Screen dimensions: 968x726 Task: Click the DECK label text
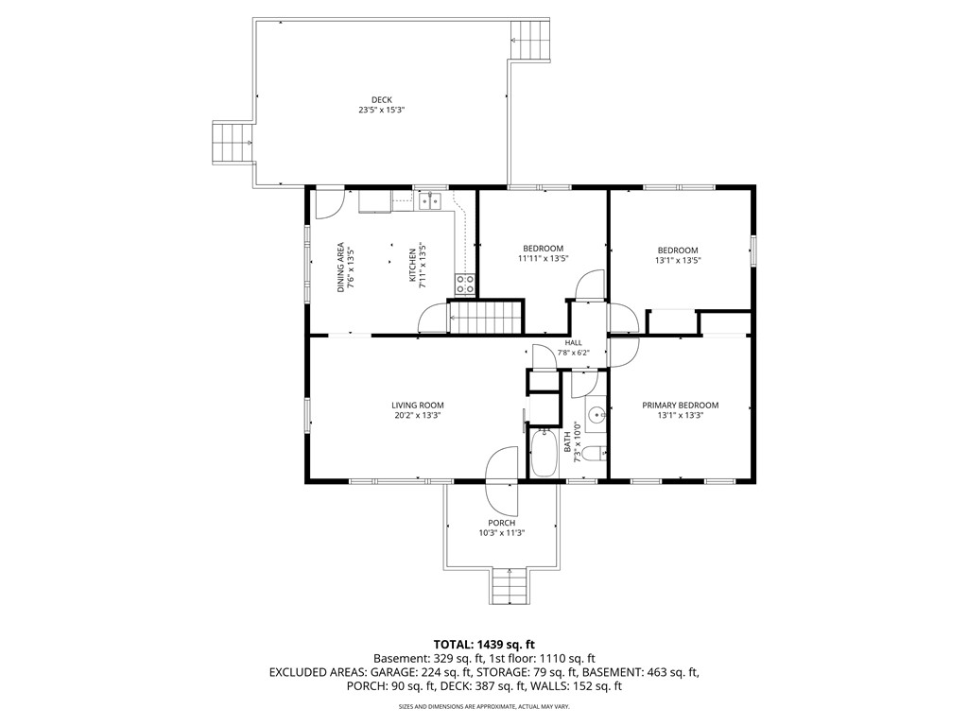pyautogui.click(x=382, y=100)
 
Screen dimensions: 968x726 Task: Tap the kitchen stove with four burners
pyautogui.click(x=465, y=285)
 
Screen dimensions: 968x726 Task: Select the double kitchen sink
pyautogui.click(x=430, y=200)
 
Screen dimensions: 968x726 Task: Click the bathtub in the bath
pyautogui.click(x=544, y=453)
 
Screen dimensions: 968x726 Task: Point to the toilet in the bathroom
pyautogui.click(x=596, y=455)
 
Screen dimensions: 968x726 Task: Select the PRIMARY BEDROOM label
pyautogui.click(x=681, y=406)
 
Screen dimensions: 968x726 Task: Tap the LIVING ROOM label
pyautogui.click(x=418, y=406)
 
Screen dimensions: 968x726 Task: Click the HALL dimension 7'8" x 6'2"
pyautogui.click(x=574, y=354)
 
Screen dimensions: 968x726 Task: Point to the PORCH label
pyautogui.click(x=501, y=523)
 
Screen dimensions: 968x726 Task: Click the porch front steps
pyautogui.click(x=510, y=586)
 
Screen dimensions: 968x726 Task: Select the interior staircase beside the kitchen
pyautogui.click(x=485, y=318)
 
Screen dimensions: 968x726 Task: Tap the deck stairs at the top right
pyautogui.click(x=529, y=40)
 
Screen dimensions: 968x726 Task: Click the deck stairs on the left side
pyautogui.click(x=233, y=143)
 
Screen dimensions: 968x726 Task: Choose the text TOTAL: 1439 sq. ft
pyautogui.click(x=484, y=645)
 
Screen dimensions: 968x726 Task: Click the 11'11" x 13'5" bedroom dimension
pyautogui.click(x=543, y=259)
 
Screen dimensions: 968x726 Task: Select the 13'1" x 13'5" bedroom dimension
pyautogui.click(x=678, y=261)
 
